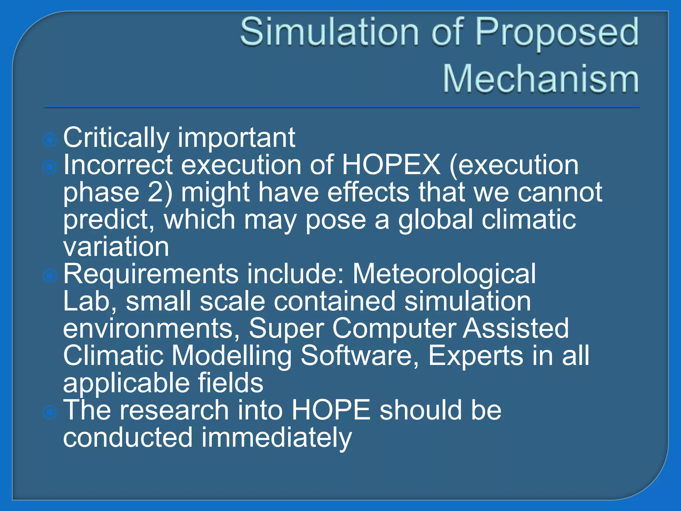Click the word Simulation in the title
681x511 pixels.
(329, 32)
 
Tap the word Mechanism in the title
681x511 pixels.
(541, 79)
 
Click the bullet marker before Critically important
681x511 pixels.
(50, 140)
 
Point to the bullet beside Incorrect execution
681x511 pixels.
(50, 167)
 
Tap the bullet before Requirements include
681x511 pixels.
(50, 276)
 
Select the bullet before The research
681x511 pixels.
(50, 412)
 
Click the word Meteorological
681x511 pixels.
(444, 274)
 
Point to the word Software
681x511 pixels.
(356, 356)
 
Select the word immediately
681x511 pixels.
(276, 438)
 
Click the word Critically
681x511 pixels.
(116, 138)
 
